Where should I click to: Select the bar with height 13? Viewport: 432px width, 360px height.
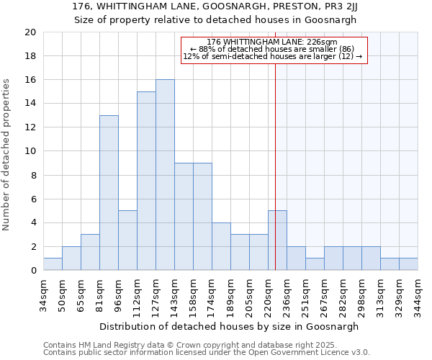click(109, 193)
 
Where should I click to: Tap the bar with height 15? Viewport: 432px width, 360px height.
click(146, 181)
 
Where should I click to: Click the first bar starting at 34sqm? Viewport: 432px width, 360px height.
click(53, 264)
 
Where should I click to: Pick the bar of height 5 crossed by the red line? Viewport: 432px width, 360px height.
click(277, 240)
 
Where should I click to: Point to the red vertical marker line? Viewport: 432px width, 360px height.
click(276, 144)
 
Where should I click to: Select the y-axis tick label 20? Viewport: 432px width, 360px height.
click(30, 32)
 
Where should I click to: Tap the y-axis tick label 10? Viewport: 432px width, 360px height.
click(30, 151)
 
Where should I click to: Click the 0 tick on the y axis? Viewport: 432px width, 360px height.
click(32, 271)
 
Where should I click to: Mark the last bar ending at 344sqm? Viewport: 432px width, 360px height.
click(408, 264)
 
